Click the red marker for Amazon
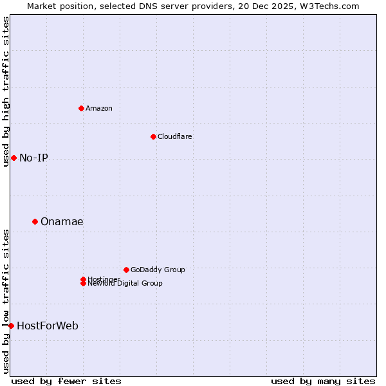(x=81, y=108)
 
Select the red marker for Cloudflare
(x=153, y=136)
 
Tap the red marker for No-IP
(x=14, y=158)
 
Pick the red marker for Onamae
(x=35, y=221)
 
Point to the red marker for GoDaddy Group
(x=126, y=270)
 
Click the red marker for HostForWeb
(x=11, y=326)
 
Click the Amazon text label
(x=98, y=108)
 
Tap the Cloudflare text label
(x=174, y=136)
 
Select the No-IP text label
(x=33, y=158)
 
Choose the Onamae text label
(x=62, y=221)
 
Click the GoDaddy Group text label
(x=158, y=270)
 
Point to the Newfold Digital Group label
(x=125, y=284)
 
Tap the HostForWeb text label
(x=48, y=326)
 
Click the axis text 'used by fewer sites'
(x=66, y=381)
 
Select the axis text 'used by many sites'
(x=323, y=381)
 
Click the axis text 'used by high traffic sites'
(x=6, y=91)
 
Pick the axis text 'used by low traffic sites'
(x=6, y=301)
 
